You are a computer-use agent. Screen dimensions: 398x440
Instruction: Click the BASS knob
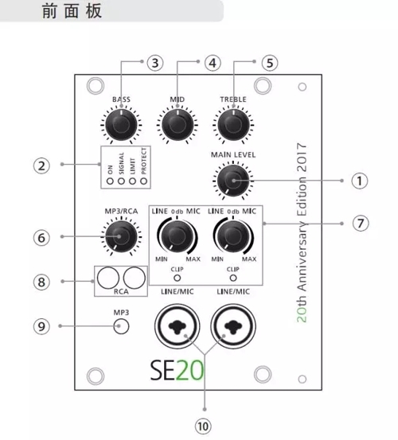121,125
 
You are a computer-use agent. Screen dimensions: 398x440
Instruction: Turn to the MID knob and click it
178,125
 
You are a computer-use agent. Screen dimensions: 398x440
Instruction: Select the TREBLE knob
233,125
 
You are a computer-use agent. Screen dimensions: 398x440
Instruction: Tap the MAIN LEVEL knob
233,181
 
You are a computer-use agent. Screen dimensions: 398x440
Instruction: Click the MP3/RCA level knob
121,236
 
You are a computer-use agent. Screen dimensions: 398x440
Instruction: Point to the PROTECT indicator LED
144,181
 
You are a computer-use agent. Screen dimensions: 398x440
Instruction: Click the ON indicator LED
110,181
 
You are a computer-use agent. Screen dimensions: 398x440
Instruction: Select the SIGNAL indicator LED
121,181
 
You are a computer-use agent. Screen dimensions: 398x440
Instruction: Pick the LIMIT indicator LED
132,181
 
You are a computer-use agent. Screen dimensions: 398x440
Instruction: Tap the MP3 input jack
121,326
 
